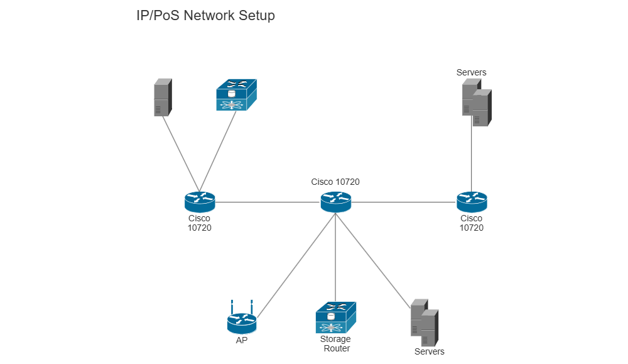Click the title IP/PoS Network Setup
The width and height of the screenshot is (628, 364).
coord(205,16)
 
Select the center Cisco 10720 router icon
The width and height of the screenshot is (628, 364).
coord(335,202)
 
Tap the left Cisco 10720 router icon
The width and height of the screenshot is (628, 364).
coord(200,202)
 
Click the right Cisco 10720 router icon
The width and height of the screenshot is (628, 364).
coord(472,202)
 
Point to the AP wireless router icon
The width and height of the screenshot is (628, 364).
coord(242,322)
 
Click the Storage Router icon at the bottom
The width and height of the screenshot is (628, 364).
coord(335,317)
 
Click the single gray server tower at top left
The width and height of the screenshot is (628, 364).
coord(163,97)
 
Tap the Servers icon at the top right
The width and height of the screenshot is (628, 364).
coord(477,103)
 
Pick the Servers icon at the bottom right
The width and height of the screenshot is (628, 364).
coord(424,323)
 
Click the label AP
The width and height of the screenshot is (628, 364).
coord(241,340)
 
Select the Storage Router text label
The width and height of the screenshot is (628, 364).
coord(335,344)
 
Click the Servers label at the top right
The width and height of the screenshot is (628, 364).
coord(471,72)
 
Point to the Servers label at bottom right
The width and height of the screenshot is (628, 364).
coord(429,351)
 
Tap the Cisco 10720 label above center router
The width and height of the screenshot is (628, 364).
coord(335,182)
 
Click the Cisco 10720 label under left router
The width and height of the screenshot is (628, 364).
coord(199,223)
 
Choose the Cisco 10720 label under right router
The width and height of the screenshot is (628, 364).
coord(472,223)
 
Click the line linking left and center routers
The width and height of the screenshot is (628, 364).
coord(267,202)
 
